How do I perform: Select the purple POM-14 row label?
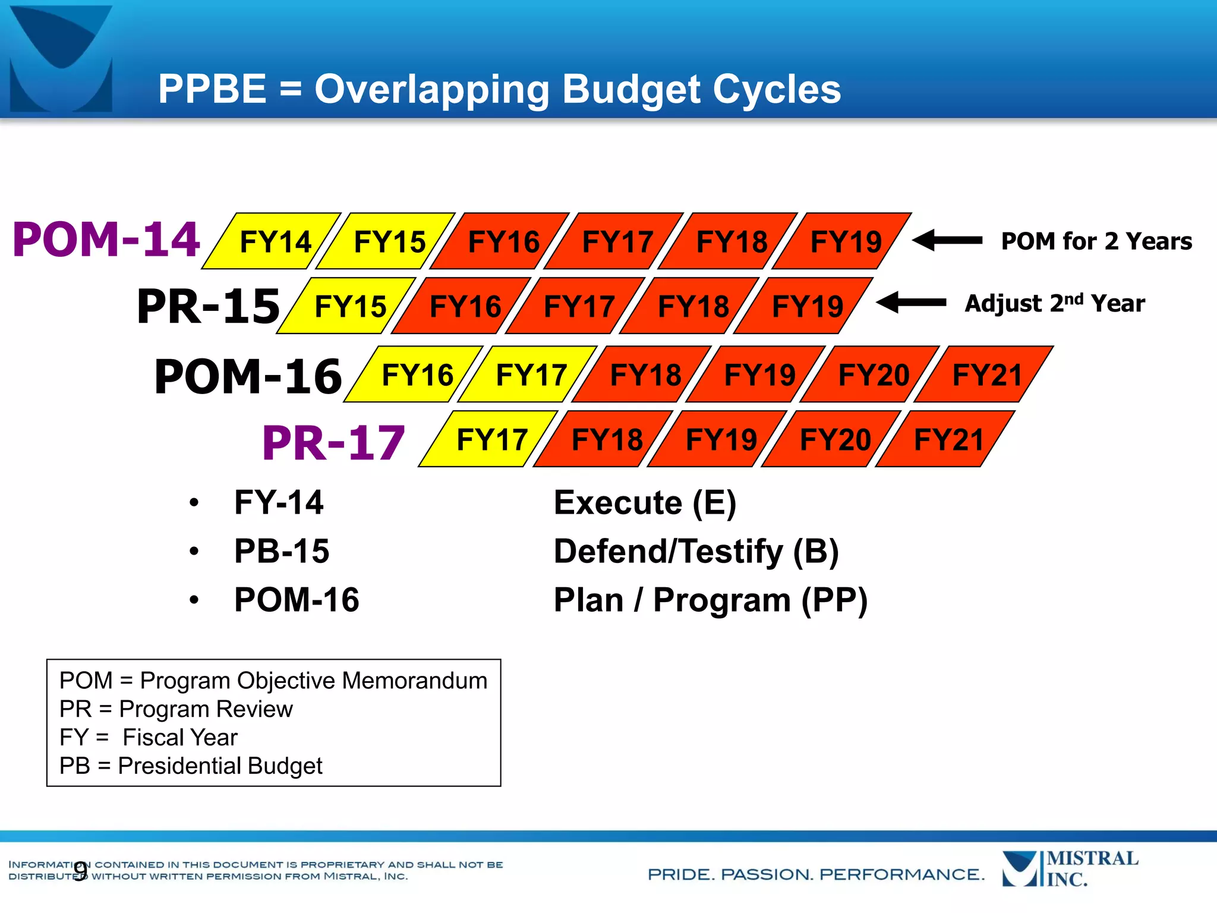106,240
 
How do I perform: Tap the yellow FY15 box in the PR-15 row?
349,307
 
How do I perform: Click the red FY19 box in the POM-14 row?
845,242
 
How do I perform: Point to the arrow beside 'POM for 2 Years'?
947,241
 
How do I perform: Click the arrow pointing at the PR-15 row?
911,303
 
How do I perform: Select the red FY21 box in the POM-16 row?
986,375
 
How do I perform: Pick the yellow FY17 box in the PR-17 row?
491,440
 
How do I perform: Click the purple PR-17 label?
333,443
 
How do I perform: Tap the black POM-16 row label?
248,377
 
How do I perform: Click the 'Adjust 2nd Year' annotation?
1054,304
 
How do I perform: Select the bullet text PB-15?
282,551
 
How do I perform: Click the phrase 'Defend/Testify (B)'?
696,551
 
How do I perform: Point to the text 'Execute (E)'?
645,503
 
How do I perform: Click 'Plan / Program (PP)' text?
711,600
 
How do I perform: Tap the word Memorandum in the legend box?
414,681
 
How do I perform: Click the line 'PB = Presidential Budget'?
191,766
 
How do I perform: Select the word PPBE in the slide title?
212,89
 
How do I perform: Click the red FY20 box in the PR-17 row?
834,440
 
